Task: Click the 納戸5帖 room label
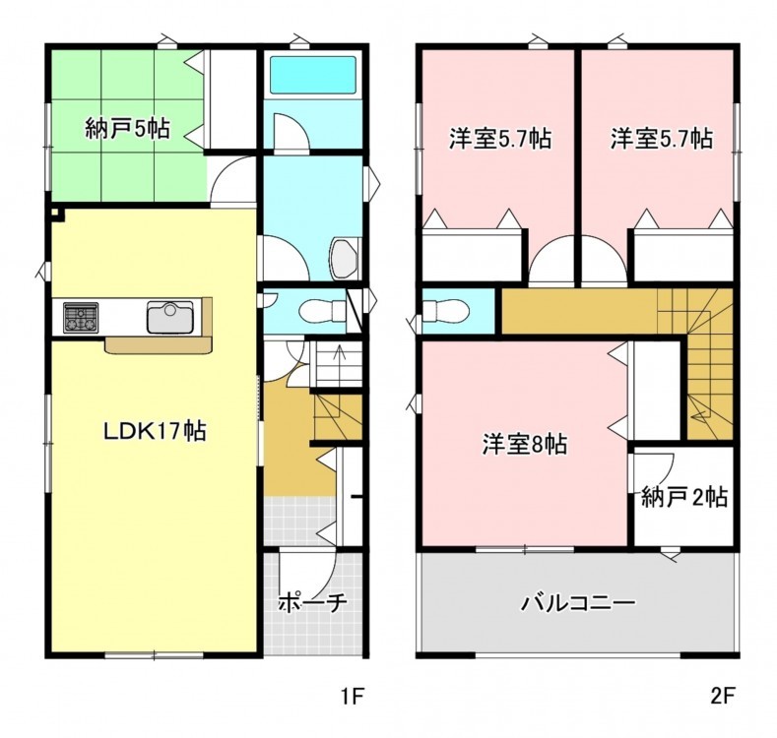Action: (127, 128)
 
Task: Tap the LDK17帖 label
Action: (155, 430)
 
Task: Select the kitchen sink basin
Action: (170, 317)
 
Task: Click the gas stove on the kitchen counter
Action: (81, 316)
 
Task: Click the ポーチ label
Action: (313, 602)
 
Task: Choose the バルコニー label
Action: (578, 603)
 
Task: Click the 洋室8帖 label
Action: (525, 444)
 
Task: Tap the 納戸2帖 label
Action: (684, 497)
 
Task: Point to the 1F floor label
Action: (353, 696)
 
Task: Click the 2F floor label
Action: (722, 696)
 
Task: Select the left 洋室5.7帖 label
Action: (500, 138)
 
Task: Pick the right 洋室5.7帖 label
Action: (662, 138)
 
